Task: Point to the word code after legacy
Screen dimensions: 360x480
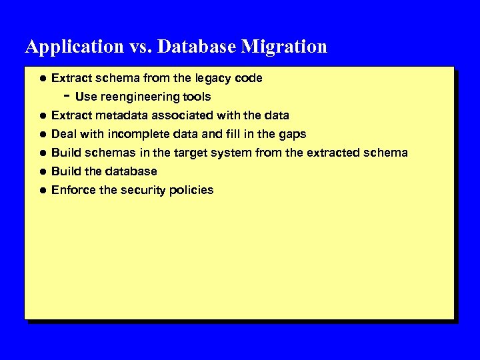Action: click(x=249, y=78)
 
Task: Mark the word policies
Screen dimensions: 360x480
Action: click(x=192, y=190)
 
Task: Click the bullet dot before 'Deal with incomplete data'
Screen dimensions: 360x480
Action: click(x=41, y=134)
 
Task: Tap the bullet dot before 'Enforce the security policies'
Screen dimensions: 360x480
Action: click(x=41, y=190)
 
